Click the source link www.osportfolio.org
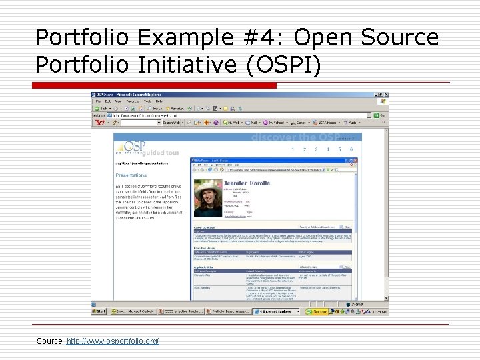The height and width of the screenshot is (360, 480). (113, 341)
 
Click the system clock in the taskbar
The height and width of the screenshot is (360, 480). (378, 311)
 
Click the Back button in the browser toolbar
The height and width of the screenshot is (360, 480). (101, 108)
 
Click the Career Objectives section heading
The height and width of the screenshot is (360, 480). (204, 228)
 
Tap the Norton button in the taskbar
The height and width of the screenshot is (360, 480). (317, 311)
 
